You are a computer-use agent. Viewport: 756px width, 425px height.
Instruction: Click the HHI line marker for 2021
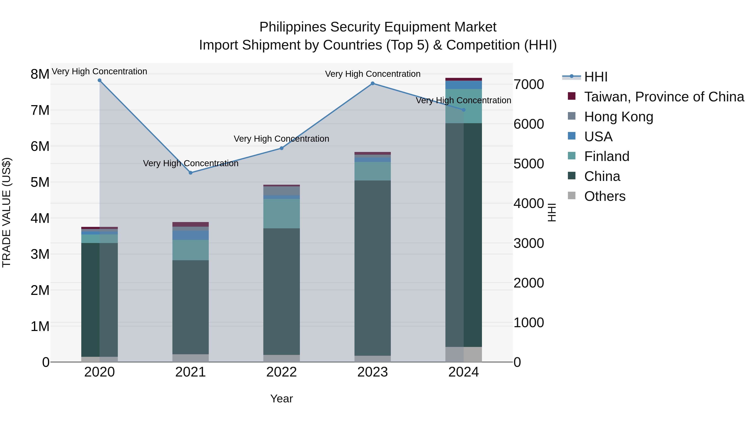(190, 173)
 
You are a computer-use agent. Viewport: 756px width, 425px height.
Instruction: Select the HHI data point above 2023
(372, 83)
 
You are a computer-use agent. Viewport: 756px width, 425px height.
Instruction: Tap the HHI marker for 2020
(100, 80)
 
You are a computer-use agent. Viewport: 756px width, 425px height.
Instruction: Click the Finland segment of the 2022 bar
(281, 213)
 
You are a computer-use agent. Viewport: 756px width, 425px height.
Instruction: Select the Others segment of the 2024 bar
(463, 354)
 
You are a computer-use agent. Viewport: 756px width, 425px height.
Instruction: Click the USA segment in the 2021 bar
(190, 235)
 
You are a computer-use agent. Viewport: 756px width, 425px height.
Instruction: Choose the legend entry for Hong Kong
(618, 117)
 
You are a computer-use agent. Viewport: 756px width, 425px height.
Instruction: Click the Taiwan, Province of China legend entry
(664, 97)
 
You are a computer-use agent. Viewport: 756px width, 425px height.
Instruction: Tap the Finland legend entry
(606, 156)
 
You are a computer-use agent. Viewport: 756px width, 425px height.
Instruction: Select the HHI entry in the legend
(596, 77)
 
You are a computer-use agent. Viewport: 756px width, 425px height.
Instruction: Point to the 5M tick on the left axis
(40, 182)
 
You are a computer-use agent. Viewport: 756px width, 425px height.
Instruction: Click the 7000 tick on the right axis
(529, 84)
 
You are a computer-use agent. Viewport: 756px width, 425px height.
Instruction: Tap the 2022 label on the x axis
(281, 372)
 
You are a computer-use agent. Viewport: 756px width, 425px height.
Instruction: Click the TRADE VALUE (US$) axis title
(7, 212)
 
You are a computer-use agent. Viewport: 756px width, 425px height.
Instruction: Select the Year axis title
(281, 399)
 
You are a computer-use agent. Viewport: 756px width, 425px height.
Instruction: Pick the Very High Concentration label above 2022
(281, 139)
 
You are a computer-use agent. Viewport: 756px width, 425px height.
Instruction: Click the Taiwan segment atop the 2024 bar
(463, 79)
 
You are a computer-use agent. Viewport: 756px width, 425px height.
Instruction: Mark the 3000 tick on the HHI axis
(529, 243)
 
